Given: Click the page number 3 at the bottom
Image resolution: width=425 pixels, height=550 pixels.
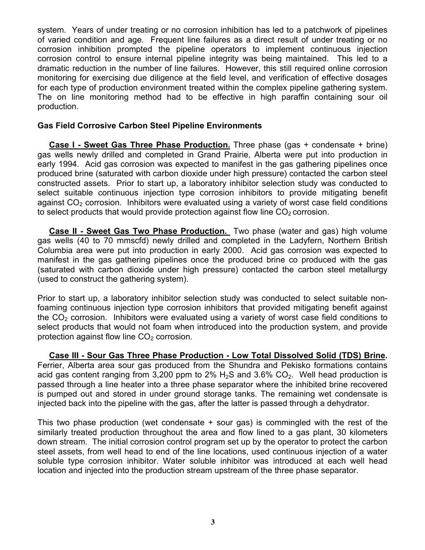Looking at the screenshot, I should [213, 522].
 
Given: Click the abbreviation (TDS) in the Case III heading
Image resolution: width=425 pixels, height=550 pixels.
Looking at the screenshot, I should [333, 355].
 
